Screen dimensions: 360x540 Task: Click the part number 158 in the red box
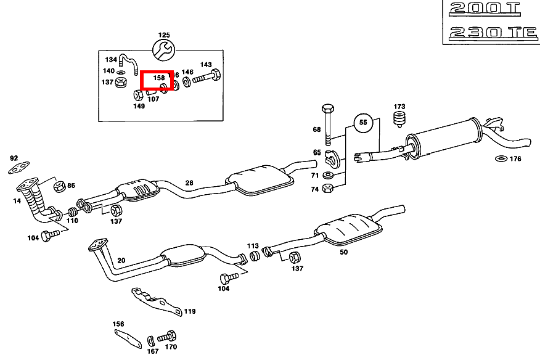159,78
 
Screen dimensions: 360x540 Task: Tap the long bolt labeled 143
207,78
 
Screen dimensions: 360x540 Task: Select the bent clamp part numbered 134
127,60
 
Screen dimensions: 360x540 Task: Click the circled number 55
363,123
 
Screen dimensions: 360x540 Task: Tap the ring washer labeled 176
500,160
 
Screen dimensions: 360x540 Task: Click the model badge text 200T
485,9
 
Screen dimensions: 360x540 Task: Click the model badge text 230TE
493,32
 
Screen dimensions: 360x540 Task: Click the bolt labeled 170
167,337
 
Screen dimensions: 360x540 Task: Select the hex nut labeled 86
59,186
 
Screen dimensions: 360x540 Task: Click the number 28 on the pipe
189,182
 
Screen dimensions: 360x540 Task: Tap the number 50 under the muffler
343,252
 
